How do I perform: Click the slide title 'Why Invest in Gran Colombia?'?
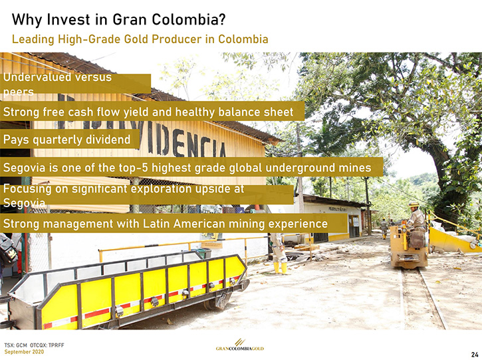[x=118, y=20]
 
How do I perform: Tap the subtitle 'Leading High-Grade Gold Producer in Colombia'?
[x=140, y=39]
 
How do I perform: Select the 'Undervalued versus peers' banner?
[x=75, y=84]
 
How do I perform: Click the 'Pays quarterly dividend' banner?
[x=70, y=139]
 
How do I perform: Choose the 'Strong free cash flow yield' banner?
[x=152, y=112]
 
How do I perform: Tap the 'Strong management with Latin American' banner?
[x=174, y=223]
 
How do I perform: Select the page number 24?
[x=475, y=355]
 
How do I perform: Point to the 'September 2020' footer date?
[x=24, y=351]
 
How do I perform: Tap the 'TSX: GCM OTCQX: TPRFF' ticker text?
[x=34, y=345]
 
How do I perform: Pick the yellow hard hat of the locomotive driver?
[x=414, y=205]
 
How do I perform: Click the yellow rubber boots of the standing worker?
[x=281, y=268]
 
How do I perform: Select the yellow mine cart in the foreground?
[x=128, y=290]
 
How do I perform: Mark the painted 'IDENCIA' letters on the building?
[x=187, y=141]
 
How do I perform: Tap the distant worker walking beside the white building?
[x=384, y=228]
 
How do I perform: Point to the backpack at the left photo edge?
[x=8, y=250]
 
